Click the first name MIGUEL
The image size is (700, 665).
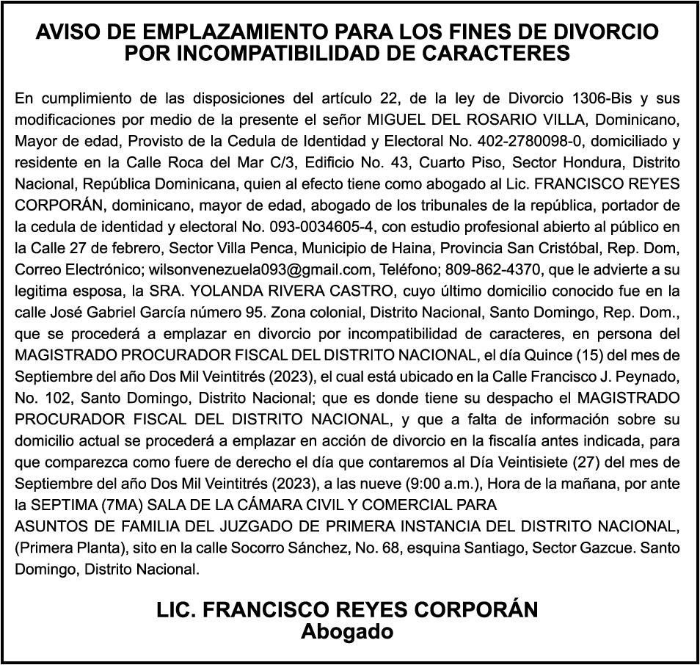coord(400,119)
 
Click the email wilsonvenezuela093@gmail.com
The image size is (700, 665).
coord(242,268)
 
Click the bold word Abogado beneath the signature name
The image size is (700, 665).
coord(347,632)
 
